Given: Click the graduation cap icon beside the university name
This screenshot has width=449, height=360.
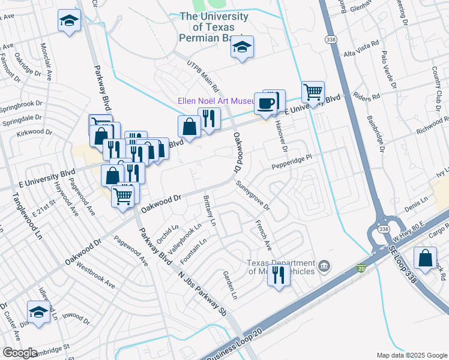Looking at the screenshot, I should tap(243, 47).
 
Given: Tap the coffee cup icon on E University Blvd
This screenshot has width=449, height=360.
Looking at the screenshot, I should tap(265, 103).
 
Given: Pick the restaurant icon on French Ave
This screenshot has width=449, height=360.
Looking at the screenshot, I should tap(278, 275).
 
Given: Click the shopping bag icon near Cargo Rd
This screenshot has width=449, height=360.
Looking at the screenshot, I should tap(425, 259).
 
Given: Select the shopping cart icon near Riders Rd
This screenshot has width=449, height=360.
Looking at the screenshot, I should tap(313, 92).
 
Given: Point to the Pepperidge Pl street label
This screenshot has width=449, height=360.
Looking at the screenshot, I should tap(293, 160).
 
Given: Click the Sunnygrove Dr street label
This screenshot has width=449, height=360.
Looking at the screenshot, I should tap(253, 196).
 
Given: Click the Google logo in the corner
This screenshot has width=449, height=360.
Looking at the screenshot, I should tap(20, 353).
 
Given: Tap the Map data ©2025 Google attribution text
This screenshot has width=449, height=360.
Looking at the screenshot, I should tap(411, 355).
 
